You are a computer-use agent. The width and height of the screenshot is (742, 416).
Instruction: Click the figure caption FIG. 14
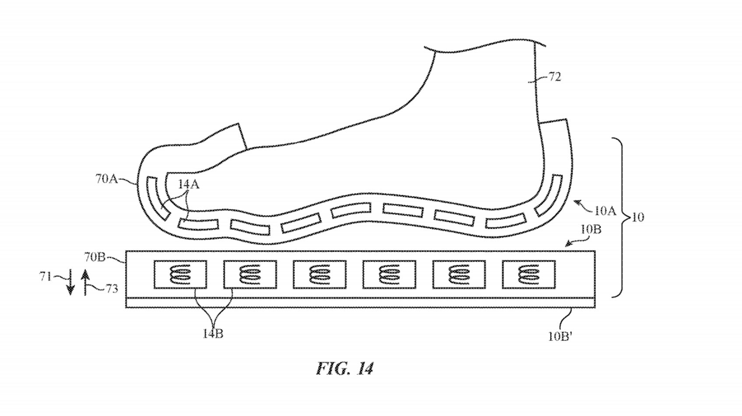click(x=345, y=368)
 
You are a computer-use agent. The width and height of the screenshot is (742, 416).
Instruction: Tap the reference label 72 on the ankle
click(x=555, y=77)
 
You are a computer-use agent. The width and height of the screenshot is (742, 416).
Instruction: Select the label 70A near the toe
click(x=106, y=179)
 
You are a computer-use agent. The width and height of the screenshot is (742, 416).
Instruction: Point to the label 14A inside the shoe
click(x=189, y=185)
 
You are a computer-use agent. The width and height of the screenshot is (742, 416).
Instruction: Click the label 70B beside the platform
click(x=95, y=257)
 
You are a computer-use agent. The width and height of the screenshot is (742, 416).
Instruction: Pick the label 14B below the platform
click(x=213, y=334)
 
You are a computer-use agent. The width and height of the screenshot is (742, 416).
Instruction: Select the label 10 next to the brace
click(x=638, y=217)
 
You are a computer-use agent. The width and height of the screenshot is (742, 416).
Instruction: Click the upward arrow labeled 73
click(x=85, y=283)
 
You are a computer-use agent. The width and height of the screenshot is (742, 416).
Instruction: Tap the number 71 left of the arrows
click(x=46, y=276)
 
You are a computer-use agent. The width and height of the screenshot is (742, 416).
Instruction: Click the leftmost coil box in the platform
click(x=180, y=275)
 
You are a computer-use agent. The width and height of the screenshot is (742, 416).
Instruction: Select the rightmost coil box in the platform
click(x=528, y=275)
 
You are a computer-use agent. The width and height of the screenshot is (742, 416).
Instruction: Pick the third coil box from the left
click(x=320, y=275)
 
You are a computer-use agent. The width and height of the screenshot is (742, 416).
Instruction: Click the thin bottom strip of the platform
click(x=360, y=303)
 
